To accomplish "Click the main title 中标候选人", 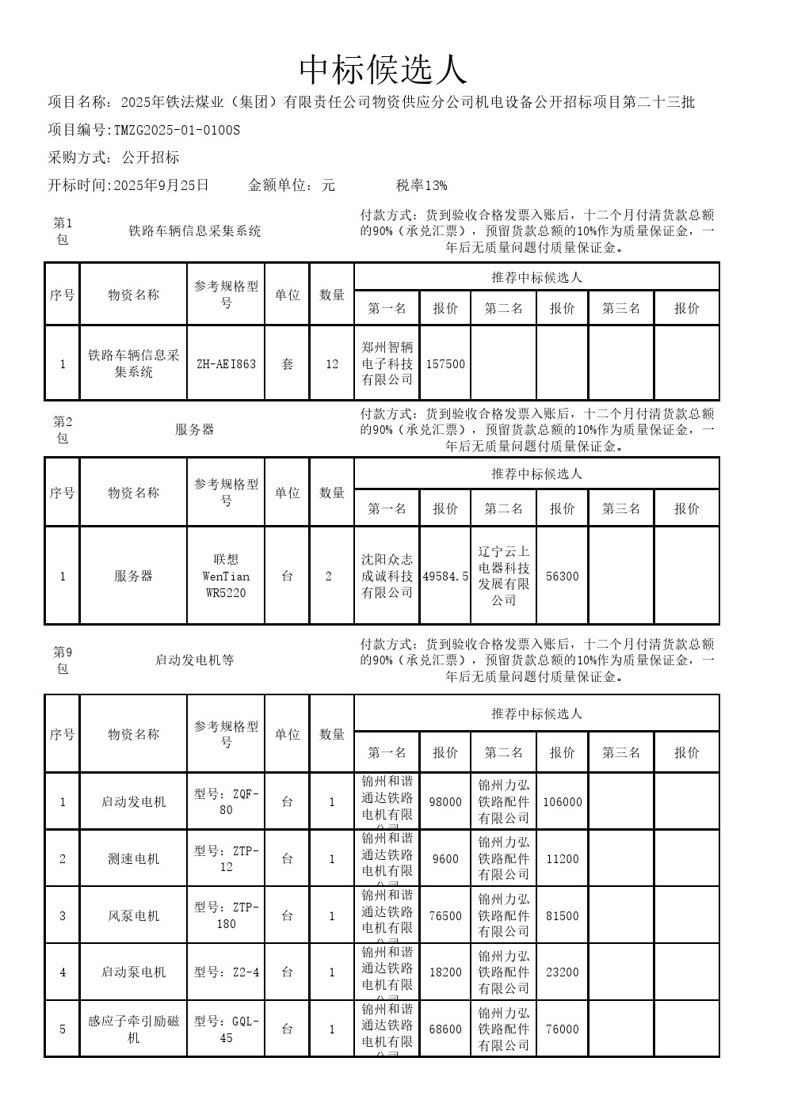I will tap(383, 70).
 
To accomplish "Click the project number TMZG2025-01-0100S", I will tap(176, 130).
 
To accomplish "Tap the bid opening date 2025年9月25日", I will tap(162, 185).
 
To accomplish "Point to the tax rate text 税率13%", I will tap(422, 185).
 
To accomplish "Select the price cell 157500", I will tap(445, 364).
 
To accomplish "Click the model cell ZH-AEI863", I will tap(226, 364).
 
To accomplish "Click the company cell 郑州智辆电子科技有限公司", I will tap(387, 363).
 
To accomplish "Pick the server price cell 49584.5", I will tap(445, 576).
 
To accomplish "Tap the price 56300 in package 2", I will tap(562, 576).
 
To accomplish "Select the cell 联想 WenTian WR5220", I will tap(226, 576).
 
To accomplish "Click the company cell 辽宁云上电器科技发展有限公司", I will tap(503, 576).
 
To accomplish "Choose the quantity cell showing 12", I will tap(332, 364).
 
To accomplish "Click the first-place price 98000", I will tap(445, 801).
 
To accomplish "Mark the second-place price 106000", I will tap(562, 801).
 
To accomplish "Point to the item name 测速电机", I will tap(133, 858).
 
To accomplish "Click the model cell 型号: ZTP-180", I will tap(226, 915).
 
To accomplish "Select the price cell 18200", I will tap(445, 972).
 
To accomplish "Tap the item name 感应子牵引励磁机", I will tap(133, 1029).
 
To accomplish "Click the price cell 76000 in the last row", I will tap(562, 1029).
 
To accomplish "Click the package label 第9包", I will tap(63, 660).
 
